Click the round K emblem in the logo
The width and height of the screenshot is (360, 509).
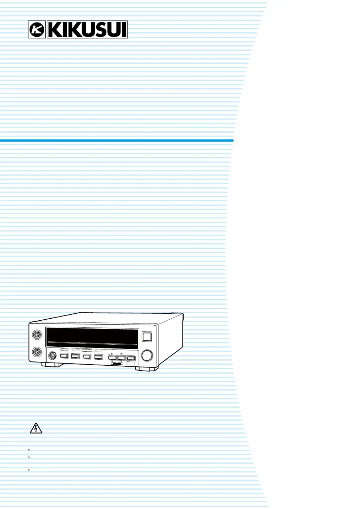click(37, 30)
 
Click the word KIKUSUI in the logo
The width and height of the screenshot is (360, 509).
click(87, 30)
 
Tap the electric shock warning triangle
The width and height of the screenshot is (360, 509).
click(36, 429)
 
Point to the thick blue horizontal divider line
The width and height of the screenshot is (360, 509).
click(116, 141)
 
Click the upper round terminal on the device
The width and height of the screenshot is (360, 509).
click(37, 334)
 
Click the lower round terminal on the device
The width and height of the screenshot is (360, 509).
click(37, 352)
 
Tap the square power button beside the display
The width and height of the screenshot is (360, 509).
click(147, 337)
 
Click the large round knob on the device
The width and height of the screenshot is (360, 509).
click(147, 355)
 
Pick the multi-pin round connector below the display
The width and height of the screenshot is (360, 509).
click(52, 355)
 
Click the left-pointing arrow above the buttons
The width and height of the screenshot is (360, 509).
click(112, 354)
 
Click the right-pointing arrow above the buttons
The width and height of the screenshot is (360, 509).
click(122, 354)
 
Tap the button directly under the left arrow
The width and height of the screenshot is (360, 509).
click(112, 358)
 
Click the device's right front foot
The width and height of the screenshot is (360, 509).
click(147, 369)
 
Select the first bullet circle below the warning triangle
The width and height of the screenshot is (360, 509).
click(29, 450)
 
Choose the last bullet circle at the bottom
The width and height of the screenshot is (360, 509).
click(29, 470)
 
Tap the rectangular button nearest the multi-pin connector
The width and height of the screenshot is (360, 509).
click(64, 356)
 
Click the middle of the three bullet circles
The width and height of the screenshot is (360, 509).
click(29, 457)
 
